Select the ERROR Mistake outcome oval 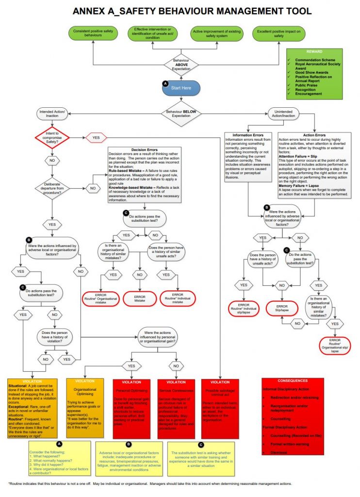pos(140,298)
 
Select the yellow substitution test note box pos(200,458)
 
